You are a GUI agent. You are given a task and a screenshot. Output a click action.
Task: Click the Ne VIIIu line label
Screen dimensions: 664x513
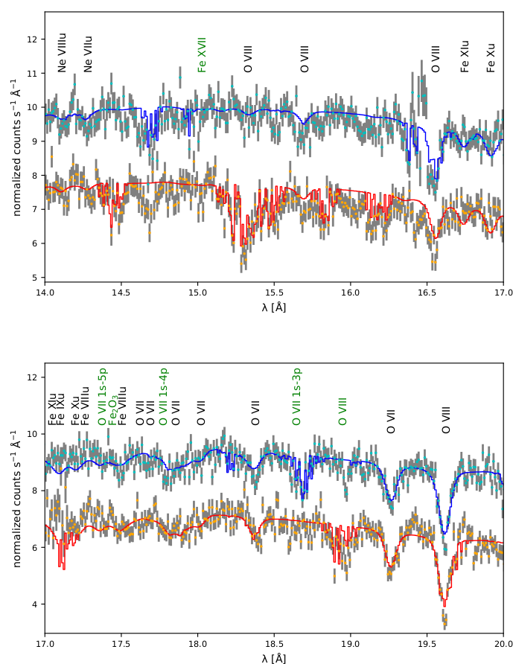(63, 52)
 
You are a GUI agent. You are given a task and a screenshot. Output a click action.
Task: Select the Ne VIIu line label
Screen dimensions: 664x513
(89, 54)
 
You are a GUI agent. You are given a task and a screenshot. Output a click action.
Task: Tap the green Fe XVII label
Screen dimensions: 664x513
(202, 54)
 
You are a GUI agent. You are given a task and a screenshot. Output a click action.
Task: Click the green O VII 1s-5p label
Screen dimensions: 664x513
(103, 396)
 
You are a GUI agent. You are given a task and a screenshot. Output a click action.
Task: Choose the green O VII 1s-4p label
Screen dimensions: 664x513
(164, 396)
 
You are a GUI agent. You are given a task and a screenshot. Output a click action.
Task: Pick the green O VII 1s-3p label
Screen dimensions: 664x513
(297, 396)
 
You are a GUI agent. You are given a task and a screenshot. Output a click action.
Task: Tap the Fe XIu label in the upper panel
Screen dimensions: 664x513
(465, 56)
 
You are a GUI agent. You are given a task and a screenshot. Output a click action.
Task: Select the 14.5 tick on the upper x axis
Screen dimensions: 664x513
(121, 293)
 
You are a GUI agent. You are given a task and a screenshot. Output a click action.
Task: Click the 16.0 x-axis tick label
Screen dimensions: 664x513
(351, 293)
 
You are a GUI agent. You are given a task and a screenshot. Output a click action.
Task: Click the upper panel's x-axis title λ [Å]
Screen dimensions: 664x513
(274, 307)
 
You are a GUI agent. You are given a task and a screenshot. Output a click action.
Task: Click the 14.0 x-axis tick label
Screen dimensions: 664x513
(45, 293)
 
